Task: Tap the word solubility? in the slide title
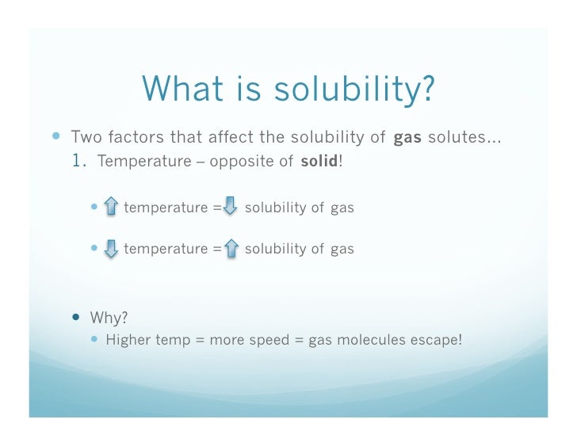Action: pos(356,90)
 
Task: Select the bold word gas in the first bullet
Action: pos(407,137)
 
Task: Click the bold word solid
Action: pos(319,162)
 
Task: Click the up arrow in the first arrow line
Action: pos(111,208)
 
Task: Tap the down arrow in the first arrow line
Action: pos(230,208)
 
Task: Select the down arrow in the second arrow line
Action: pos(111,249)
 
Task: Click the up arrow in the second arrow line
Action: pos(231,249)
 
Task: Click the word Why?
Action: pos(109,318)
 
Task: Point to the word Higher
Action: pos(128,341)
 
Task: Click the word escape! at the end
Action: pos(438,341)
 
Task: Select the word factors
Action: pos(131,137)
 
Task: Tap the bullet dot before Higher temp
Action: pos(96,341)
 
